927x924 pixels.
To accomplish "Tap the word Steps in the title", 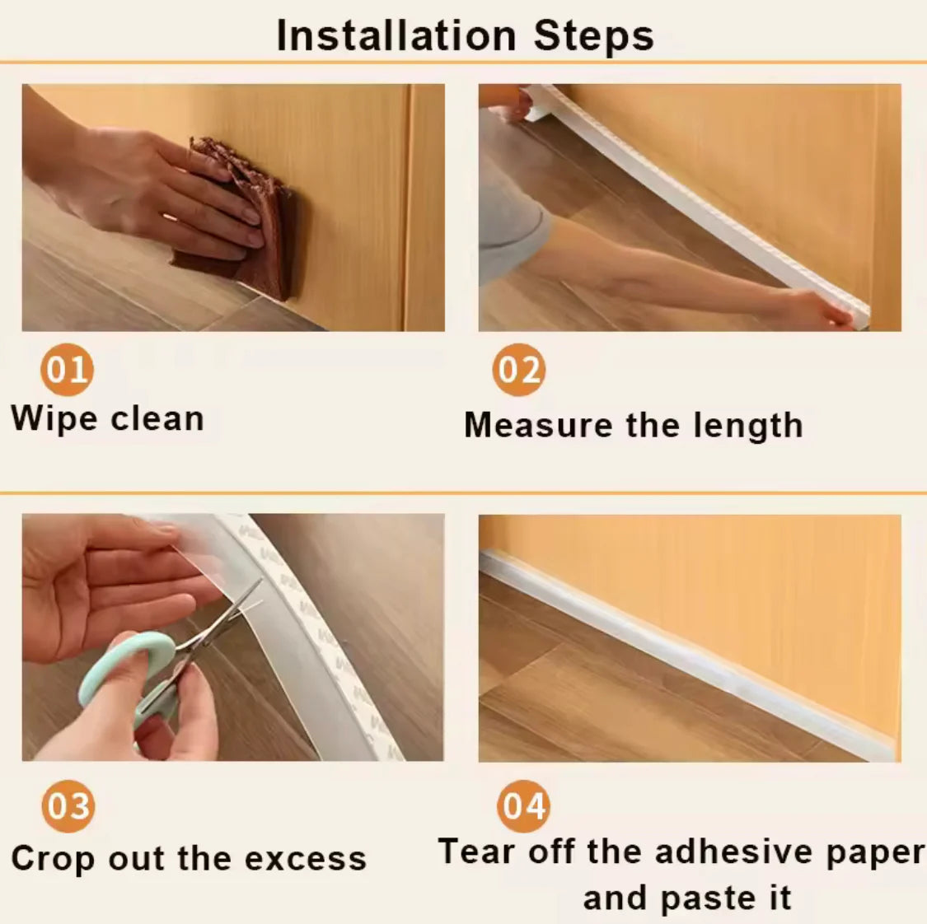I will tap(593, 35).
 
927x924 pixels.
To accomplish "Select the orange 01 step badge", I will tap(67, 370).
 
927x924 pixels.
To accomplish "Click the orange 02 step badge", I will tap(519, 370).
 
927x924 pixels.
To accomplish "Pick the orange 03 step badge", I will tap(68, 805).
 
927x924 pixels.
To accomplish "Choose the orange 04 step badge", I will tap(523, 805).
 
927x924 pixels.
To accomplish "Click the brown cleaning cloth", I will tap(247, 222).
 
